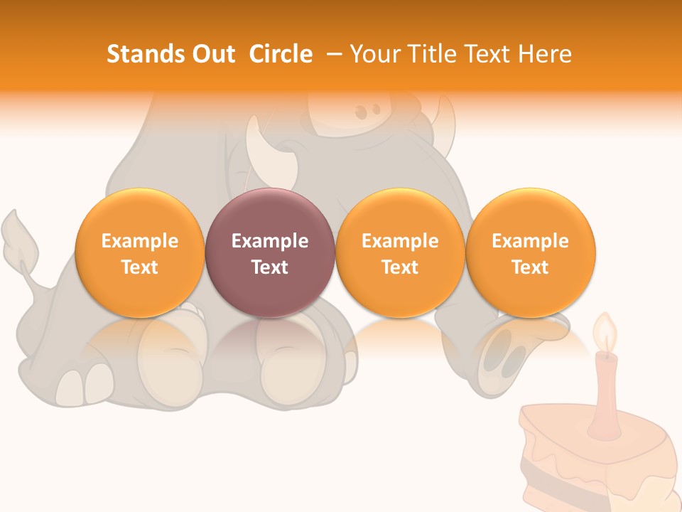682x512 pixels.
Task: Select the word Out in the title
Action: tap(212, 54)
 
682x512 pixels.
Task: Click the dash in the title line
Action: tap(335, 54)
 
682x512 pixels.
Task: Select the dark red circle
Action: tap(270, 253)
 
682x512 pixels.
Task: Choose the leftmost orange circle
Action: tap(139, 253)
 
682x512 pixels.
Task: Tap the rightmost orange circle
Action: tap(530, 253)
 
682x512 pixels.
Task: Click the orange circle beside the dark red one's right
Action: tap(400, 253)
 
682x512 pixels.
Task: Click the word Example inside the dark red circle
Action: tap(270, 241)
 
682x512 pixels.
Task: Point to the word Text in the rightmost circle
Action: tap(530, 267)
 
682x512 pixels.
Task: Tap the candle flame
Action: tap(605, 334)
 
